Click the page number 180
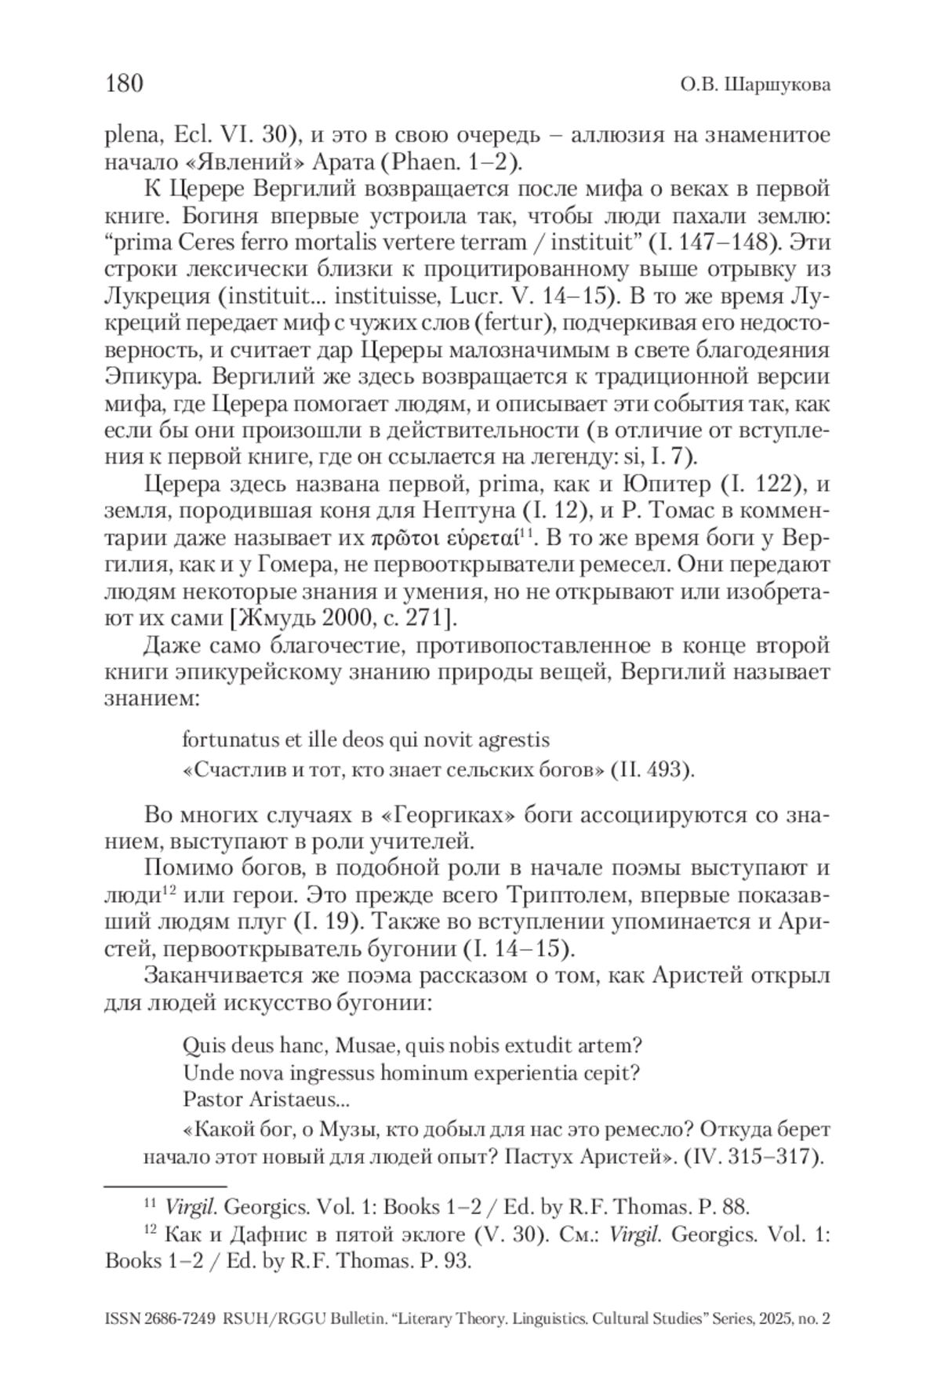[x=124, y=82]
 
